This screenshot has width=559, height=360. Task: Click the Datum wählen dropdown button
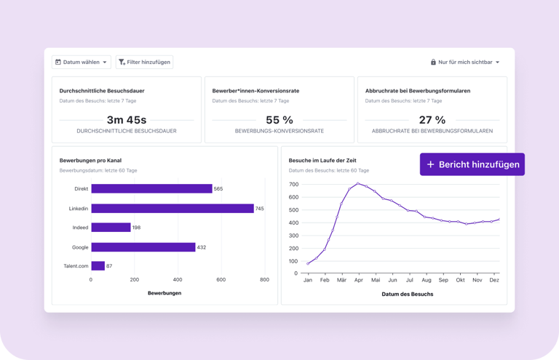click(x=82, y=63)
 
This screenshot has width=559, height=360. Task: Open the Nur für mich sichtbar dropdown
click(x=465, y=63)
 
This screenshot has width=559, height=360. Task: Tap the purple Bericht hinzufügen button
click(x=472, y=164)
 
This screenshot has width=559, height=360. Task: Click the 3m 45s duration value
click(x=127, y=120)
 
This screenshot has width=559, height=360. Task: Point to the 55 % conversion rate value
click(x=279, y=120)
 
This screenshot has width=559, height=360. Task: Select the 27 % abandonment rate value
click(x=432, y=120)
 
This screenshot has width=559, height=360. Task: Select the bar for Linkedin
click(x=172, y=209)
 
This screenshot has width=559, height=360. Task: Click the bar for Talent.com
click(x=98, y=266)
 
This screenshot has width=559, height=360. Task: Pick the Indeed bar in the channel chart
click(x=111, y=228)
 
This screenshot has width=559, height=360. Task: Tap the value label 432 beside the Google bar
click(x=202, y=247)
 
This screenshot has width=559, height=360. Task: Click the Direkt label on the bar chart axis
click(x=81, y=189)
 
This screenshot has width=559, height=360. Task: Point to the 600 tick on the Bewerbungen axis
click(x=221, y=279)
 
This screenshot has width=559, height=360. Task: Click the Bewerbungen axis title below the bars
click(x=164, y=293)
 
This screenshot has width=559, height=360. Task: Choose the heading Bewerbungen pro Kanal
click(x=91, y=160)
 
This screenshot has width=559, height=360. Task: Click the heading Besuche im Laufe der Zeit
click(x=322, y=160)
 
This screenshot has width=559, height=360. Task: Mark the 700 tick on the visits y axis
click(x=294, y=184)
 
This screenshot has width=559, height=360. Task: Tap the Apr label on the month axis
click(x=358, y=280)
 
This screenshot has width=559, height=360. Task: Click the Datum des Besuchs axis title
click(x=407, y=294)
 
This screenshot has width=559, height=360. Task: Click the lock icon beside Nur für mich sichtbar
click(x=434, y=63)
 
